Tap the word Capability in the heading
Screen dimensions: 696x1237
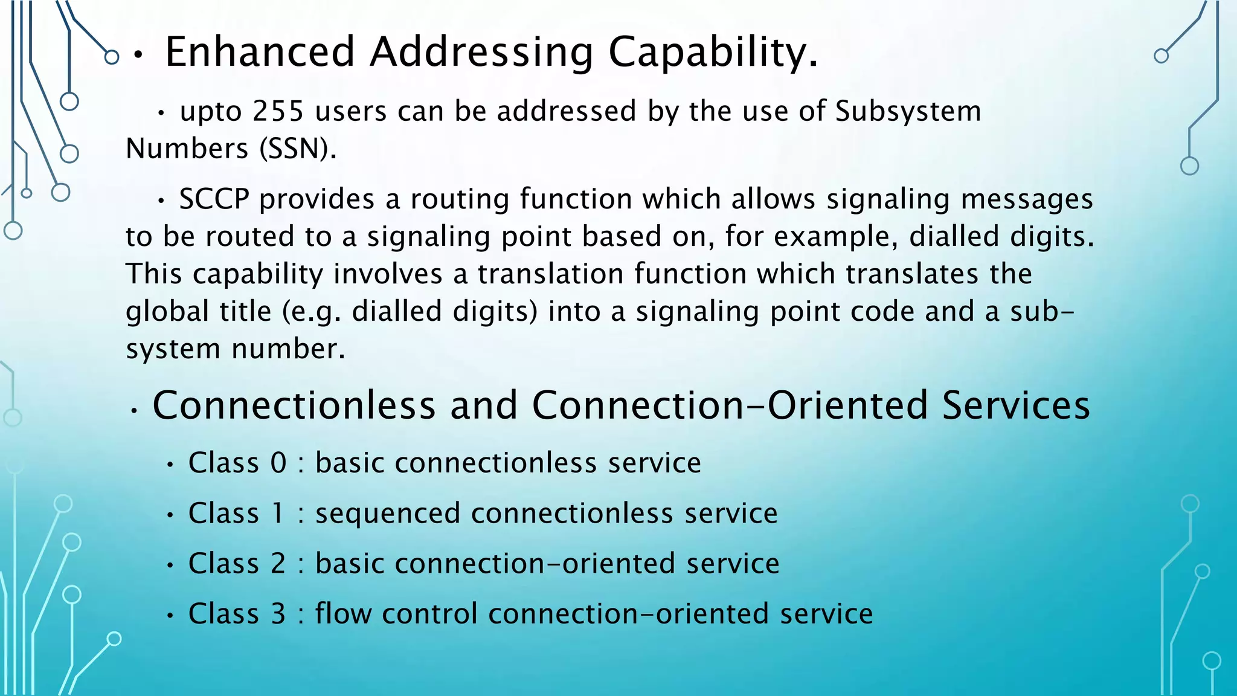(x=713, y=53)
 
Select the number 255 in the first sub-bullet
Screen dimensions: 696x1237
(x=278, y=111)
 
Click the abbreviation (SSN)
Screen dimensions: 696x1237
(x=298, y=149)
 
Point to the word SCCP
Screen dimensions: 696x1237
(x=214, y=199)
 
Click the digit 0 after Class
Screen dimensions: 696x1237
(x=278, y=463)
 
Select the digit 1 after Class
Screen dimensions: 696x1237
(x=278, y=514)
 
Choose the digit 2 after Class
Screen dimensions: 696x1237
(x=278, y=564)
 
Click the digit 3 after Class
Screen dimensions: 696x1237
(x=278, y=614)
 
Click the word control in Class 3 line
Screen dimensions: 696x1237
(x=430, y=614)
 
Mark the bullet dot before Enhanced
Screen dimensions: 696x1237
(x=138, y=56)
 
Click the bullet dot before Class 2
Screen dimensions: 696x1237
(x=171, y=566)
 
